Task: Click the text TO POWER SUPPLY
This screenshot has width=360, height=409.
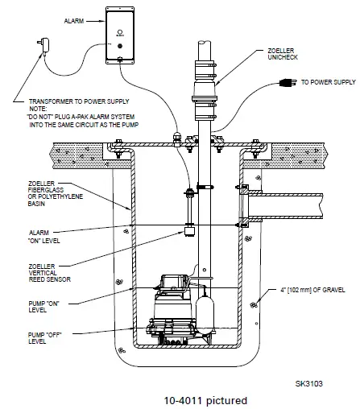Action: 325,82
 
